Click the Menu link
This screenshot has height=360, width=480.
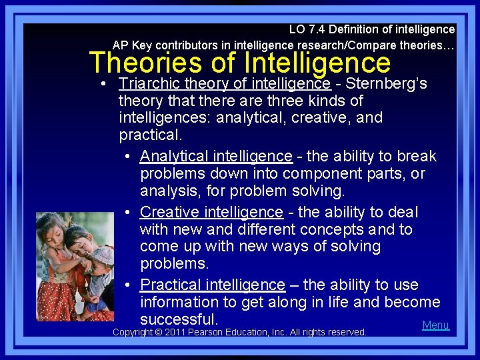click(x=435, y=325)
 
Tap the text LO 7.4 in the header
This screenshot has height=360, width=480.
click(x=305, y=29)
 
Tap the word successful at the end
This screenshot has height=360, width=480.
click(x=179, y=319)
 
